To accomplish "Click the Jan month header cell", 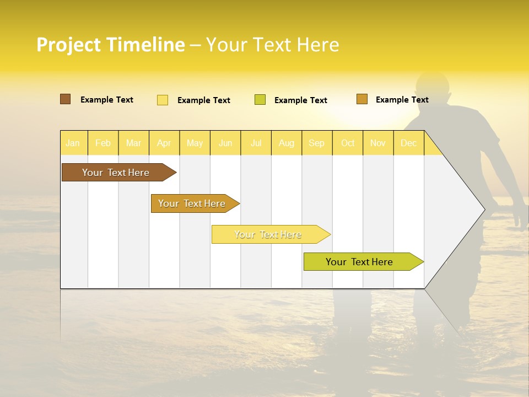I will click(x=73, y=143).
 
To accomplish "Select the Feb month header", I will click(x=103, y=143).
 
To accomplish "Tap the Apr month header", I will click(x=164, y=143).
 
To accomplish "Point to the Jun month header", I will click(x=225, y=143).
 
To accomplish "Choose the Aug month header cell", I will click(x=287, y=143).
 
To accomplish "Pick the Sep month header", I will click(x=317, y=143).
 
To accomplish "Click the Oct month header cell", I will click(x=348, y=143).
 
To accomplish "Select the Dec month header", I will click(x=409, y=143).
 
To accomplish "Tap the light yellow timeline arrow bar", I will click(x=268, y=234).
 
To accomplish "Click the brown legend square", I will click(x=66, y=99).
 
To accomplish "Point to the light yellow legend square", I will click(x=163, y=100).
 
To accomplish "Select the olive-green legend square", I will click(x=260, y=100).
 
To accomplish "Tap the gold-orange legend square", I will click(x=362, y=99).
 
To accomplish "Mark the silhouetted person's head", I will click(x=433, y=88).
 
